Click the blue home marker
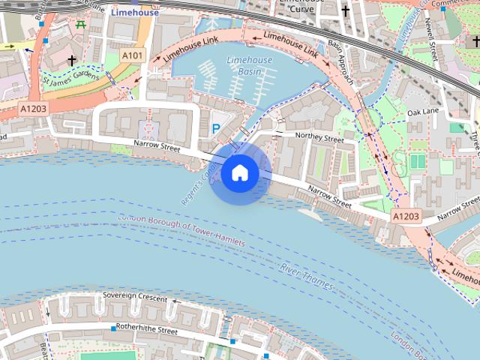pyautogui.click(x=239, y=173)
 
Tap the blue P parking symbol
pyautogui.click(x=216, y=129)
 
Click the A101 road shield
pyautogui.click(x=132, y=55)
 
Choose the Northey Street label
pyautogui.click(x=319, y=136)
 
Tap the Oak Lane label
pyautogui.click(x=422, y=112)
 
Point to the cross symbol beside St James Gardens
pyautogui.click(x=71, y=60)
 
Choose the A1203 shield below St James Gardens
pyautogui.click(x=34, y=109)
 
